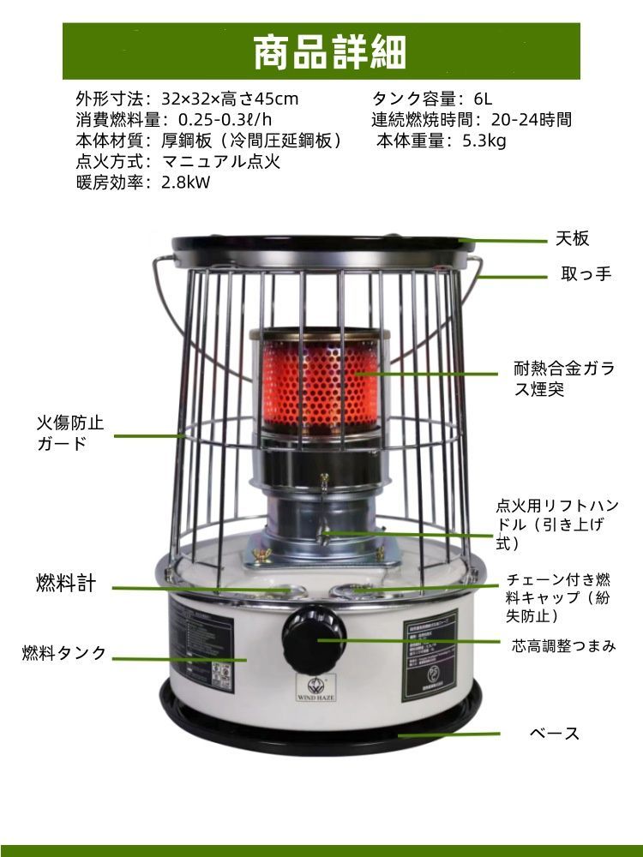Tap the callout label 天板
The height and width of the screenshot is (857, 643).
(x=572, y=239)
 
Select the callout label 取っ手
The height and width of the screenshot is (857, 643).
(x=586, y=275)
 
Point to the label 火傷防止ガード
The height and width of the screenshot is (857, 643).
(x=69, y=434)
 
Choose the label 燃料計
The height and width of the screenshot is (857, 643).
(x=66, y=584)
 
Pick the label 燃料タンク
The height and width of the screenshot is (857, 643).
(x=65, y=653)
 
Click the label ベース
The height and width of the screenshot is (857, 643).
(x=555, y=734)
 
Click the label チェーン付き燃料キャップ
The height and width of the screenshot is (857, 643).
(x=559, y=598)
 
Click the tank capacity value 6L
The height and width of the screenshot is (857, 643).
(x=479, y=99)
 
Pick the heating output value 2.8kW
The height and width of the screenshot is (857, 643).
(x=185, y=183)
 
